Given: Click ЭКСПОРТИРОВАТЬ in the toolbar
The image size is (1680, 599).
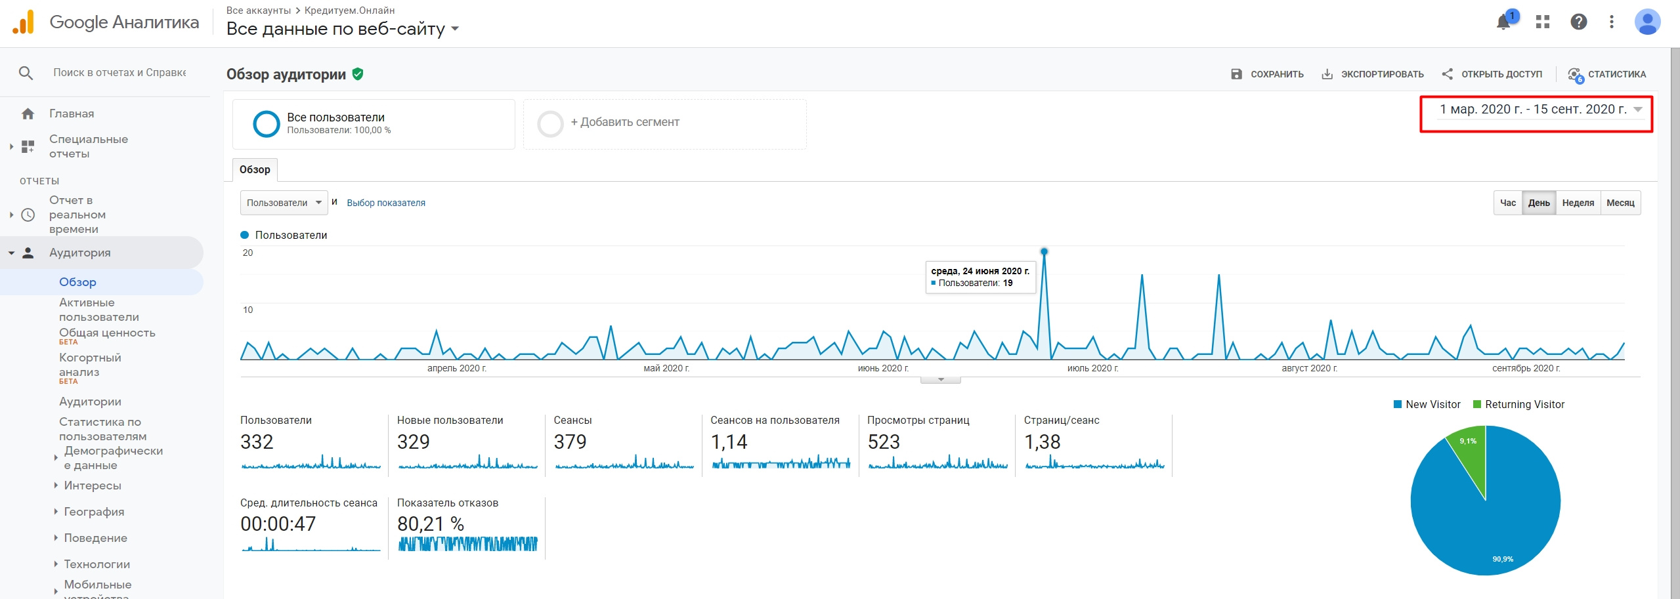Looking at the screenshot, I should tap(1373, 74).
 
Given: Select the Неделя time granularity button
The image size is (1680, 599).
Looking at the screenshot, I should tap(1578, 203).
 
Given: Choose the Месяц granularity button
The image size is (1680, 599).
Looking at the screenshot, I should tap(1620, 203).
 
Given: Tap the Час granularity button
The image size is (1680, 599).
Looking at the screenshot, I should tap(1507, 203).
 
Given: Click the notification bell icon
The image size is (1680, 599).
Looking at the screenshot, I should tap(1503, 22).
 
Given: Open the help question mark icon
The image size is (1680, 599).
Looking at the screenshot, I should tap(1578, 22).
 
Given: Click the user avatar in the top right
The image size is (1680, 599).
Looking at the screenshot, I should tap(1647, 22).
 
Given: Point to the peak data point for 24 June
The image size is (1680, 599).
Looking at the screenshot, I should tap(1044, 251).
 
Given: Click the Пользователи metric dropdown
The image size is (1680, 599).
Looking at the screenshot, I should tap(284, 203).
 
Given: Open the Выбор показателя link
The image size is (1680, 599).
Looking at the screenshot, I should tap(386, 203).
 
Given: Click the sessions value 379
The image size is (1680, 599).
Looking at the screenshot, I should tap(570, 442).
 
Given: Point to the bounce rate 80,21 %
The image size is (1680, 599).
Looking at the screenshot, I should tap(431, 524).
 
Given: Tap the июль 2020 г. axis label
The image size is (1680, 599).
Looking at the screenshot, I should tap(1092, 369).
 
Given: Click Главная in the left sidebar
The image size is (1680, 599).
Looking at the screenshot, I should tap(71, 114).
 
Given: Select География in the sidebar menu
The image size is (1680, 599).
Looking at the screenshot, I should tap(94, 512).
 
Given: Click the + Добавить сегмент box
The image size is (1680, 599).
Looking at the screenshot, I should tap(664, 123).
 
